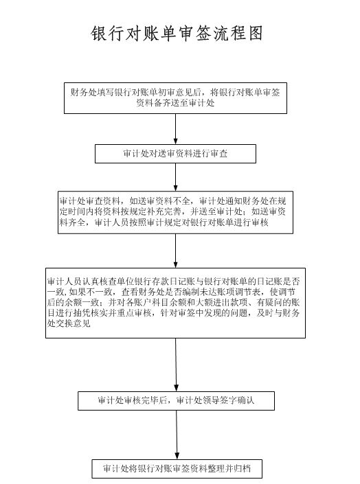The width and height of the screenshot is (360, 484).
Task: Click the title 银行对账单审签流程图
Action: (x=177, y=33)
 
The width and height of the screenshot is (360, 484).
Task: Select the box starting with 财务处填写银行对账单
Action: (x=175, y=98)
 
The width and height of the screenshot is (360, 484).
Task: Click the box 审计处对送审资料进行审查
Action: (x=175, y=154)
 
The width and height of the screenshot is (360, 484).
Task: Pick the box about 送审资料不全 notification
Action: (x=175, y=212)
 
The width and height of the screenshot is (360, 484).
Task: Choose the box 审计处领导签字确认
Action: (x=176, y=401)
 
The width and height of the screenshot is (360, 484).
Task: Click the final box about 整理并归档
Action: (x=177, y=469)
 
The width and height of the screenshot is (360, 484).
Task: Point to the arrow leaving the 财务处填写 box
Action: (x=175, y=129)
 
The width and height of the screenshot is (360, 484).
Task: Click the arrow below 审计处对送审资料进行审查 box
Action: (x=175, y=177)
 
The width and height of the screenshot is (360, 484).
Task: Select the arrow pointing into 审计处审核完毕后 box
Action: (x=176, y=365)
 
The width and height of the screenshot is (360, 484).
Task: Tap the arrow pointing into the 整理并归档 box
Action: (x=177, y=435)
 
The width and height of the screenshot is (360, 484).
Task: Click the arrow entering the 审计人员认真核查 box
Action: (x=175, y=251)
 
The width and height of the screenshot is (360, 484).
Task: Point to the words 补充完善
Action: (x=164, y=211)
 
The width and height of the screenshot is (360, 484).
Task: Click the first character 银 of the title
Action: (x=99, y=33)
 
